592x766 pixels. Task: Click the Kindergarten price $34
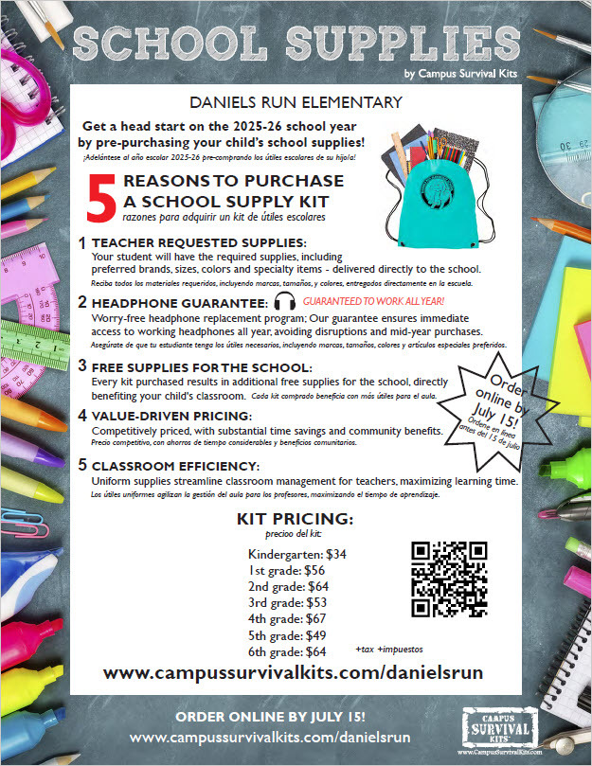[336, 553]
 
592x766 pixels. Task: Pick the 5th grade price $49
[312, 635]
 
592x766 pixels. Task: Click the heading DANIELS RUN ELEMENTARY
[296, 101]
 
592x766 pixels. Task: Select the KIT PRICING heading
[295, 520]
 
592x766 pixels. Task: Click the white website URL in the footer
[270, 736]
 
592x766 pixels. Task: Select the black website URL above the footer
[293, 671]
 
